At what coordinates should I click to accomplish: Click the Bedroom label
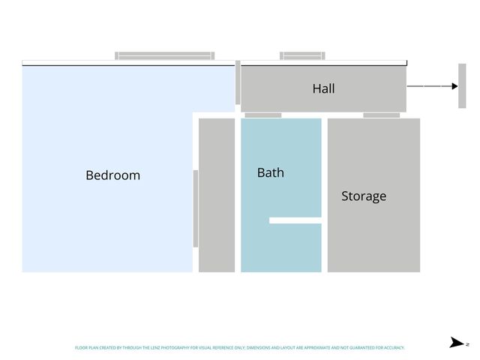[x=112, y=175]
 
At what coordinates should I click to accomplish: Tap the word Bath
[x=270, y=172]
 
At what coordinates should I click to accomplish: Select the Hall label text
[x=323, y=88]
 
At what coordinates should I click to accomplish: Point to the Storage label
[x=364, y=196]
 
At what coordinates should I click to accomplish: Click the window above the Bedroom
[x=165, y=55]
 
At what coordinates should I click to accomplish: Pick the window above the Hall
[x=302, y=55]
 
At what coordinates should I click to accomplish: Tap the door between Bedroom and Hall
[x=238, y=82]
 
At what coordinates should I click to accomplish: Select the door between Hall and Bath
[x=263, y=115]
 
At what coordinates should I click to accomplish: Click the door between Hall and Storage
[x=381, y=115]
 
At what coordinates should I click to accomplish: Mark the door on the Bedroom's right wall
[x=196, y=208]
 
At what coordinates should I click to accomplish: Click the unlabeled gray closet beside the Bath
[x=217, y=195]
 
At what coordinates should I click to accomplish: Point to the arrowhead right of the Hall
[x=454, y=86]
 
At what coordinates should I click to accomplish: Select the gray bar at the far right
[x=462, y=85]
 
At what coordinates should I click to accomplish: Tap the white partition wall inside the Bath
[x=295, y=220]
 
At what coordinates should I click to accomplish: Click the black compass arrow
[x=456, y=343]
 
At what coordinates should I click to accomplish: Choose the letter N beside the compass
[x=467, y=343]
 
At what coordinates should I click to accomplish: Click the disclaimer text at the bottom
[x=239, y=348]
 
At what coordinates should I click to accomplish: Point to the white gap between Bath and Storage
[x=325, y=195]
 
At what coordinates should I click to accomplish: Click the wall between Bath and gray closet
[x=238, y=195]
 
